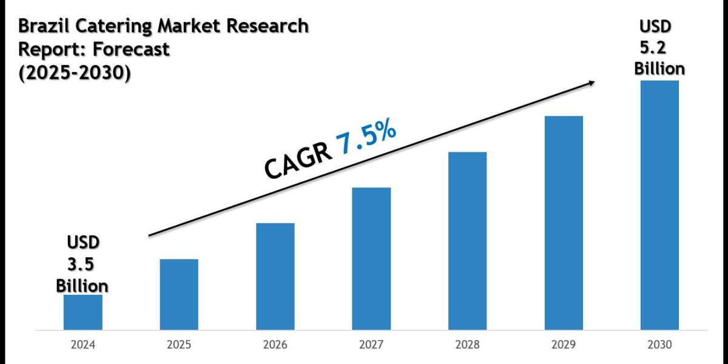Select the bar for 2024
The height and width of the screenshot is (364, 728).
click(83, 313)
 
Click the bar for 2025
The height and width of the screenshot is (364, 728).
click(179, 295)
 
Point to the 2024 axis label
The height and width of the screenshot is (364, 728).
click(83, 345)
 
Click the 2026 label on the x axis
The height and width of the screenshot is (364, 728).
click(275, 345)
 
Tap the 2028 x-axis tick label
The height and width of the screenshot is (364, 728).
click(467, 345)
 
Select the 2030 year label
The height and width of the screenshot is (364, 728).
click(659, 345)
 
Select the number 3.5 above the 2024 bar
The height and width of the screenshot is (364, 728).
click(83, 265)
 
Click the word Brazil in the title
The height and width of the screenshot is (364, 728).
click(43, 26)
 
